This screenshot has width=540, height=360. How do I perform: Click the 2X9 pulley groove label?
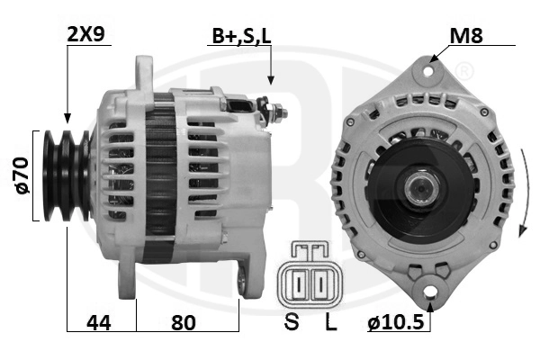(x=85, y=34)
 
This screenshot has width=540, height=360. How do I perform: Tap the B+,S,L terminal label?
(x=241, y=36)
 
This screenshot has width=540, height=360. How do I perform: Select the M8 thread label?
(x=466, y=35)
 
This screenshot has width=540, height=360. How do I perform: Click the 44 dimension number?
(x=99, y=323)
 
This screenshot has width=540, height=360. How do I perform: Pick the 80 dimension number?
(x=184, y=323)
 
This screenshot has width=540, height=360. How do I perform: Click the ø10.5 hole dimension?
(x=395, y=322)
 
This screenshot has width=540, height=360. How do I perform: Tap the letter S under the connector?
(x=292, y=322)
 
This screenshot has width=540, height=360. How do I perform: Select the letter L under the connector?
(x=331, y=322)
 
